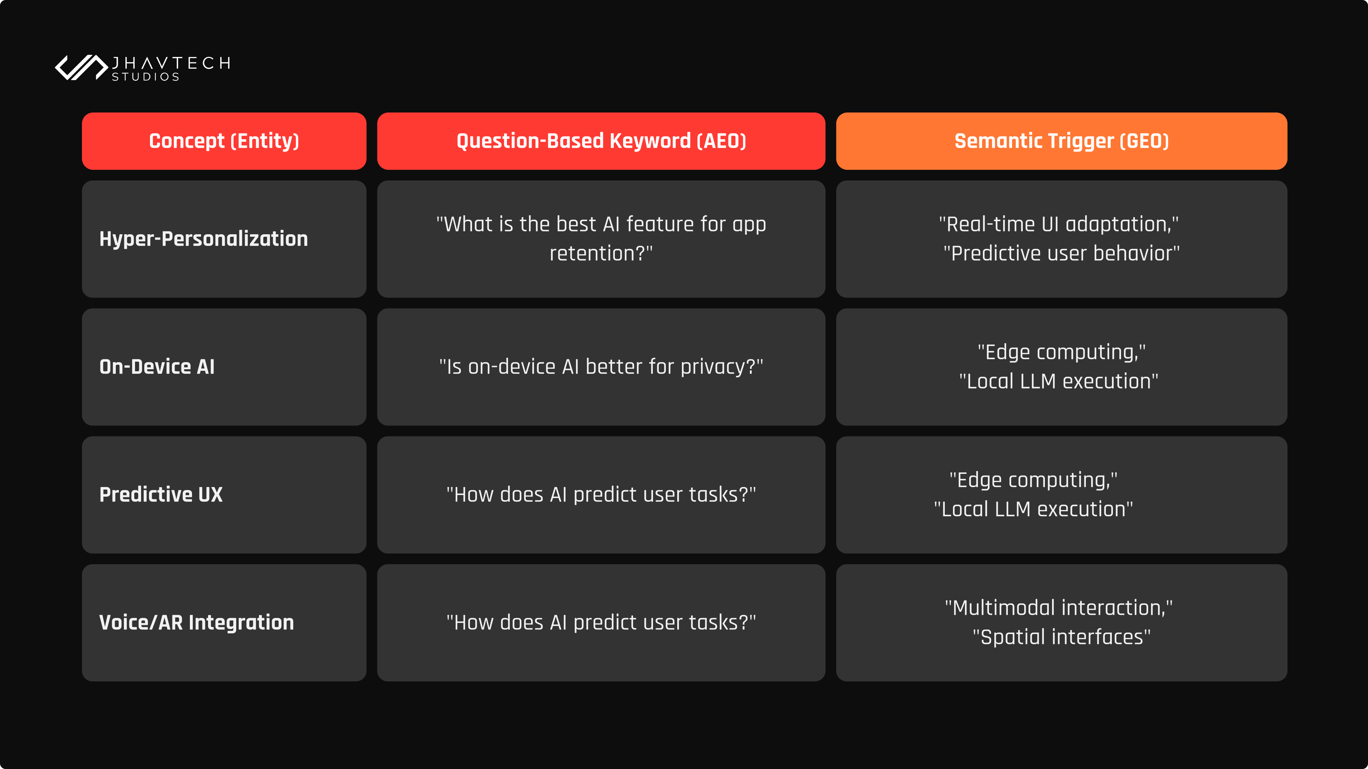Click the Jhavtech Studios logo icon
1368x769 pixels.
click(x=81, y=67)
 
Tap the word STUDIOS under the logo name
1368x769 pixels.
click(x=145, y=77)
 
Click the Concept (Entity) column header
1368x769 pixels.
click(x=224, y=141)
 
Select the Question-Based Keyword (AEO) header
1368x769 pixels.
click(x=601, y=141)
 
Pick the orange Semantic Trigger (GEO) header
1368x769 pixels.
click(x=1062, y=141)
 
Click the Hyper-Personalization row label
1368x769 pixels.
click(x=203, y=239)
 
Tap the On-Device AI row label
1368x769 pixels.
click(x=157, y=367)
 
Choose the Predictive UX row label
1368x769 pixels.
click(x=161, y=495)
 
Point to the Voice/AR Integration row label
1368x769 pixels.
click(x=197, y=623)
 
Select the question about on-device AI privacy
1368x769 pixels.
click(x=601, y=367)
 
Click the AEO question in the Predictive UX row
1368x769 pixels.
click(x=601, y=495)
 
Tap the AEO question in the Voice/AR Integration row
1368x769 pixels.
click(x=601, y=623)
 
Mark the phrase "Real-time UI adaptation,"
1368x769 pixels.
click(x=1059, y=225)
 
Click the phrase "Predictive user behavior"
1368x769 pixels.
click(x=1062, y=254)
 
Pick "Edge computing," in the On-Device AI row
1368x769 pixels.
click(x=1062, y=352)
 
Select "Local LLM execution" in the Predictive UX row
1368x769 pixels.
click(x=1033, y=509)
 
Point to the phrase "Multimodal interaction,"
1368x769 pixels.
click(x=1059, y=608)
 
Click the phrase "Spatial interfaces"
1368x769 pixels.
click(x=1062, y=637)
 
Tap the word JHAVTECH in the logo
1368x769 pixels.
click(x=171, y=63)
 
